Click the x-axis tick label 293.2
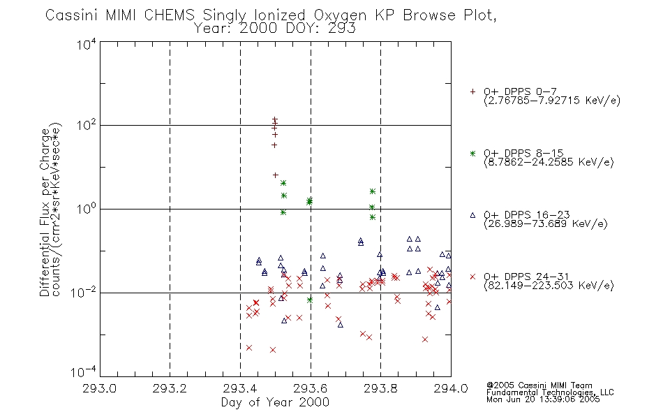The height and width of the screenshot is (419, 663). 170,388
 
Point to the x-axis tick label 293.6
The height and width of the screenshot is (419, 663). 311,388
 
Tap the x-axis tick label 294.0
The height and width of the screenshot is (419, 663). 451,388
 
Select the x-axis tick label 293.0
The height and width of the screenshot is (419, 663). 99,388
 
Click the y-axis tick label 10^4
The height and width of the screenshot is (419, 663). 87,44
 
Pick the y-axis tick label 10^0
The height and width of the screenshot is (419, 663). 87,209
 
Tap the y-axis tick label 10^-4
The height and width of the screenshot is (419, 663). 84,372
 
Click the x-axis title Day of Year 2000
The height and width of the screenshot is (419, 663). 275,402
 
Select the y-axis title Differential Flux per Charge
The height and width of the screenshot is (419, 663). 45,212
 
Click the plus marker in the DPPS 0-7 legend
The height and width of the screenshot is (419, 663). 472,91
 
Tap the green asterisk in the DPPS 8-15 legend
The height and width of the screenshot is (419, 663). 472,153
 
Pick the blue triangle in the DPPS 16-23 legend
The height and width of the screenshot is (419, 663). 472,215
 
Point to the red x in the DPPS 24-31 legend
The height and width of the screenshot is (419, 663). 472,277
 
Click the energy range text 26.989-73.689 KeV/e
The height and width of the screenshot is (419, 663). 546,223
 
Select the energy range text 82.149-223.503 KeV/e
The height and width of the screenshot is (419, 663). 549,285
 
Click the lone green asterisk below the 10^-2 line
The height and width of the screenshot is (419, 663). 309,300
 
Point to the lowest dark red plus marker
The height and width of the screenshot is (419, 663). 275,175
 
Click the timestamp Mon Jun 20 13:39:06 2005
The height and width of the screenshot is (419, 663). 543,399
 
